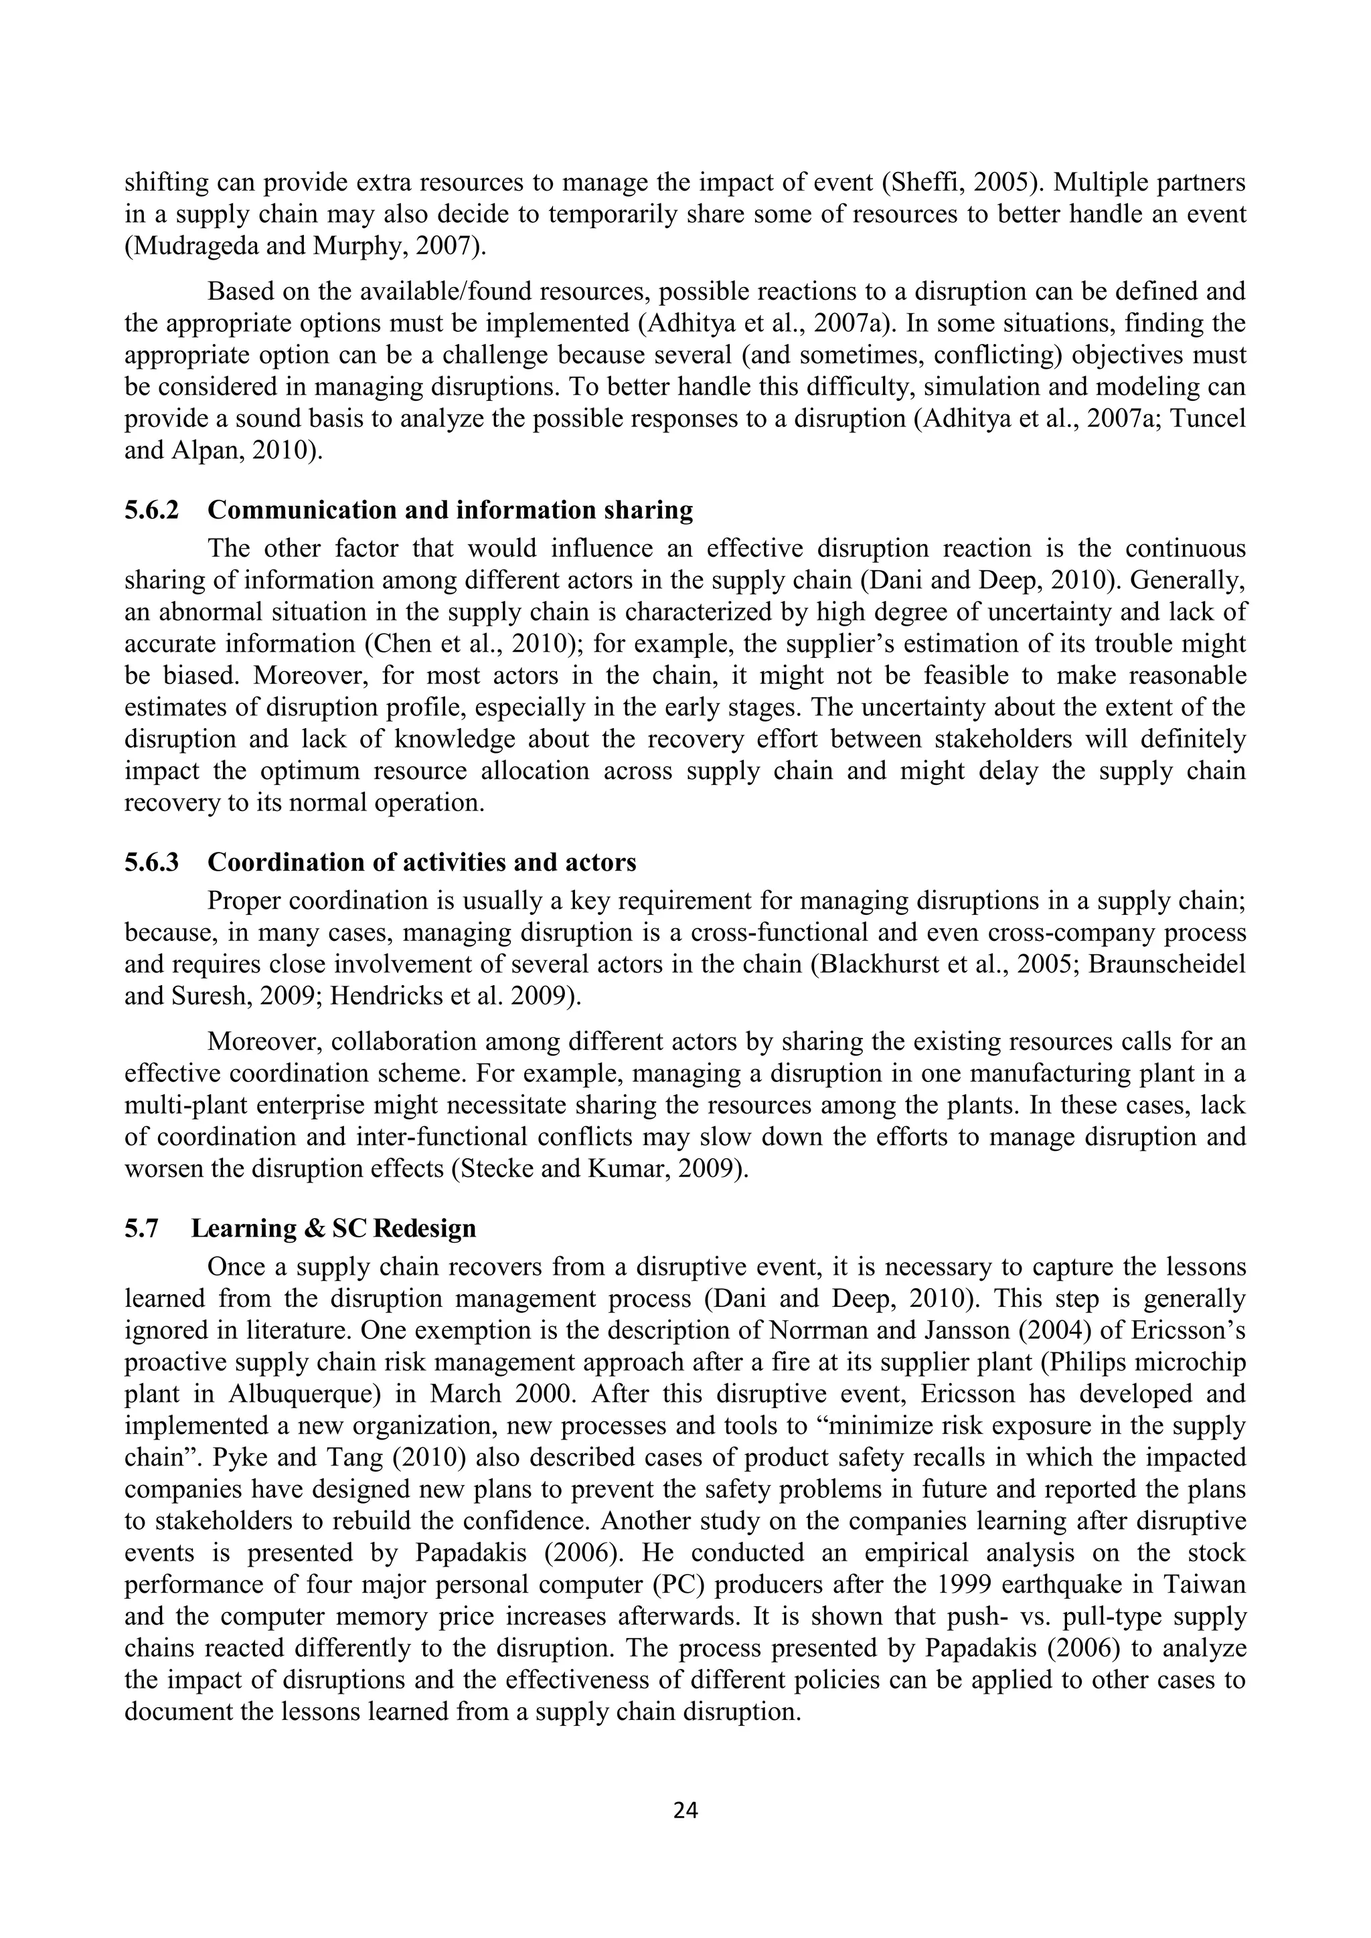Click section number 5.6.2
coord(151,510)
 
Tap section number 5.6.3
coord(151,862)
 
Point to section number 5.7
coord(140,1227)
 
